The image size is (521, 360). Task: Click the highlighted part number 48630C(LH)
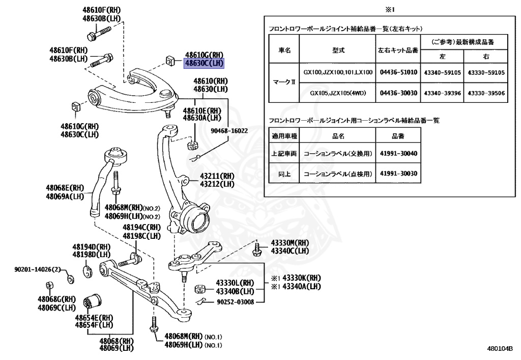(204, 63)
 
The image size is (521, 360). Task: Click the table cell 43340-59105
(442, 72)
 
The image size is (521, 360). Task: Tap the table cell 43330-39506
(486, 93)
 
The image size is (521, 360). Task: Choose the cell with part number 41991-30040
(398, 153)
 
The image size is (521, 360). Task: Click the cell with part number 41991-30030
(398, 174)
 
